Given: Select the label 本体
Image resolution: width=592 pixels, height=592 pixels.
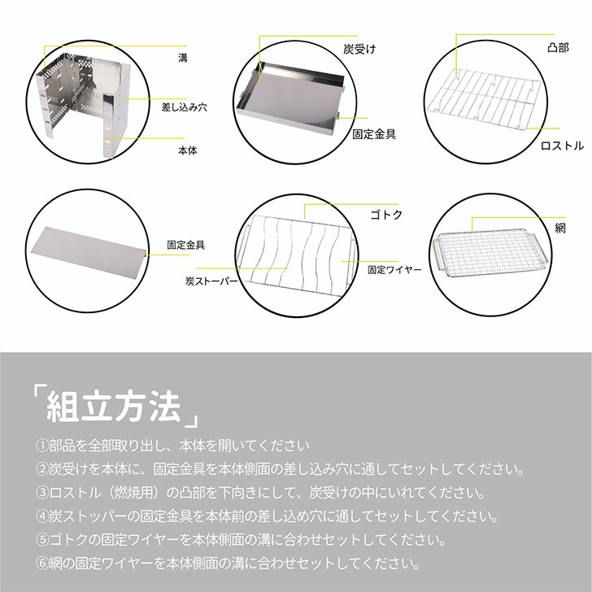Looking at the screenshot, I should pos(187,150).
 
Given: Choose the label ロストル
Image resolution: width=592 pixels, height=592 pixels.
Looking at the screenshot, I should pos(563,146).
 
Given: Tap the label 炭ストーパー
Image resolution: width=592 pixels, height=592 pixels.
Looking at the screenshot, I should pos(211,282).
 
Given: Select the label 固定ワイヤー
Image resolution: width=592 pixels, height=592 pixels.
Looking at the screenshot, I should pos(394,268).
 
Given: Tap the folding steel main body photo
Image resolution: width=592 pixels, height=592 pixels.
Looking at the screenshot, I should pos(83,102).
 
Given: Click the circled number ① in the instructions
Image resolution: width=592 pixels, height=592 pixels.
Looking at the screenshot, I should pos(42,446).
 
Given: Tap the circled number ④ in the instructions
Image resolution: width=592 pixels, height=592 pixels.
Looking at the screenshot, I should pos(42,516).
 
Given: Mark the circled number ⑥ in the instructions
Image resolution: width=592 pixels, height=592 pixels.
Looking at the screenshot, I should pos(42,563).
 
